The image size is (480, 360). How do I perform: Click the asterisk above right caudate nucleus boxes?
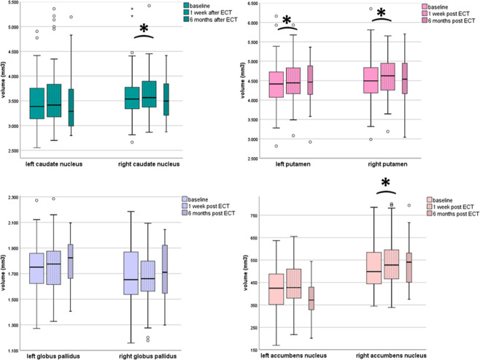tap(144, 29)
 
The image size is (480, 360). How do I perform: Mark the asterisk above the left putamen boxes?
tap(287, 21)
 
